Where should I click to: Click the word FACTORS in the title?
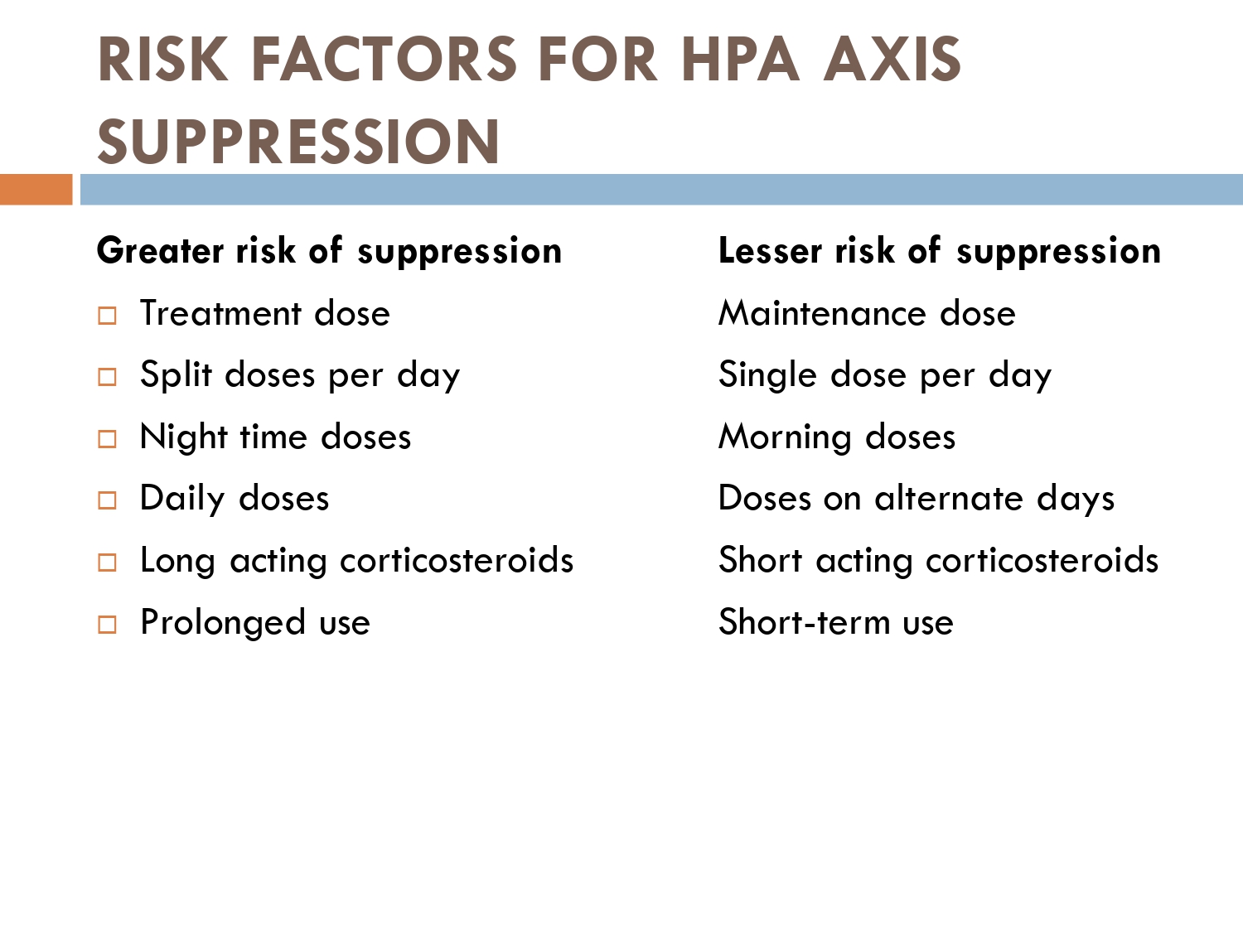tap(384, 60)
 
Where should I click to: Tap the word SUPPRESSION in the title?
tap(298, 142)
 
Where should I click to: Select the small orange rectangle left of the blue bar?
tap(36, 190)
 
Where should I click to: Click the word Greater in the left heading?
tap(160, 251)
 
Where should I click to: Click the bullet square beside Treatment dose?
tap(107, 316)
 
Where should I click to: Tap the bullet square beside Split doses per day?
tap(107, 377)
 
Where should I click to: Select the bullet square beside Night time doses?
tap(107, 439)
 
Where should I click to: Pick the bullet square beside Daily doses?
tap(107, 500)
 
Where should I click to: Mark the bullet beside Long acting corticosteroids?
tap(107, 563)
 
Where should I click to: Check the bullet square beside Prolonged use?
tap(107, 625)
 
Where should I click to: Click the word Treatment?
tap(220, 313)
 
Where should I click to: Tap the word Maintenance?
tap(822, 313)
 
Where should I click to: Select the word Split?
tap(176, 374)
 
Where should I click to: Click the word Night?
tap(183, 437)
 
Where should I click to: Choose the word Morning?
tap(784, 437)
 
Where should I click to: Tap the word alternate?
tap(949, 498)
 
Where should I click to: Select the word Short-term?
tap(804, 622)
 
